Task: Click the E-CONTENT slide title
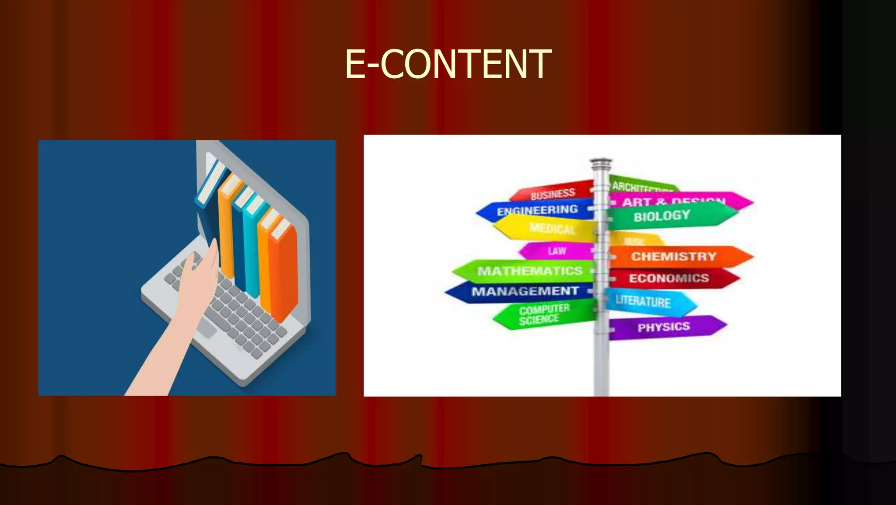(448, 64)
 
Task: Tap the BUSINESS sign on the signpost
(552, 193)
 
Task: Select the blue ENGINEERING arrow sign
(537, 210)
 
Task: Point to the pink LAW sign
(556, 251)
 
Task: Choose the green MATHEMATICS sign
(529, 271)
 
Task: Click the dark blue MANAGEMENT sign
(525, 291)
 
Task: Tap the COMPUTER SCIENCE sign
(544, 314)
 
